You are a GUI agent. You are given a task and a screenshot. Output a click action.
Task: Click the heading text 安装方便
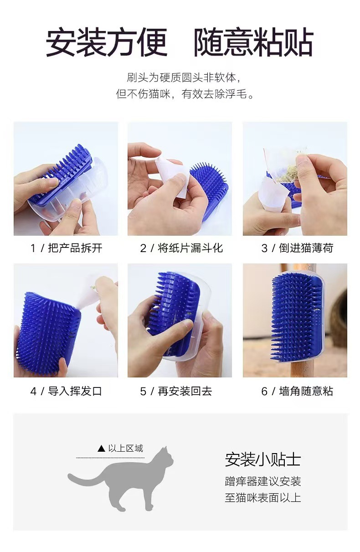click(x=107, y=42)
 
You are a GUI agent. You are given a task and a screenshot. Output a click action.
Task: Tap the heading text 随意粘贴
click(x=253, y=42)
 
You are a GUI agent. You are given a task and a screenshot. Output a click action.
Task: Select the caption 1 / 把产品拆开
click(x=66, y=248)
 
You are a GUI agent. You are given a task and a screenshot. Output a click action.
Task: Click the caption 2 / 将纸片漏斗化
click(x=181, y=248)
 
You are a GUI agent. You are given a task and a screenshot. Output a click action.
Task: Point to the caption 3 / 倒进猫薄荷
click(x=297, y=248)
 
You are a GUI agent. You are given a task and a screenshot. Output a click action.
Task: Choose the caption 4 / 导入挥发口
click(x=66, y=391)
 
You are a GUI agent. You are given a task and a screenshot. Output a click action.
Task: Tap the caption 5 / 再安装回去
click(x=176, y=391)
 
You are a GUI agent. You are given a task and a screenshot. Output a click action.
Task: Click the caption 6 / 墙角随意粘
click(x=297, y=391)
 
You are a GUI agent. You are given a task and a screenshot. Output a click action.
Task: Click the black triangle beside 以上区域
click(x=101, y=449)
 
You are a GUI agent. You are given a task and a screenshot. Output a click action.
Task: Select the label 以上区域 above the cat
click(x=126, y=448)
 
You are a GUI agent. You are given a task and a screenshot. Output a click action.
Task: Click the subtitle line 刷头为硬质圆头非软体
click(x=184, y=77)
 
